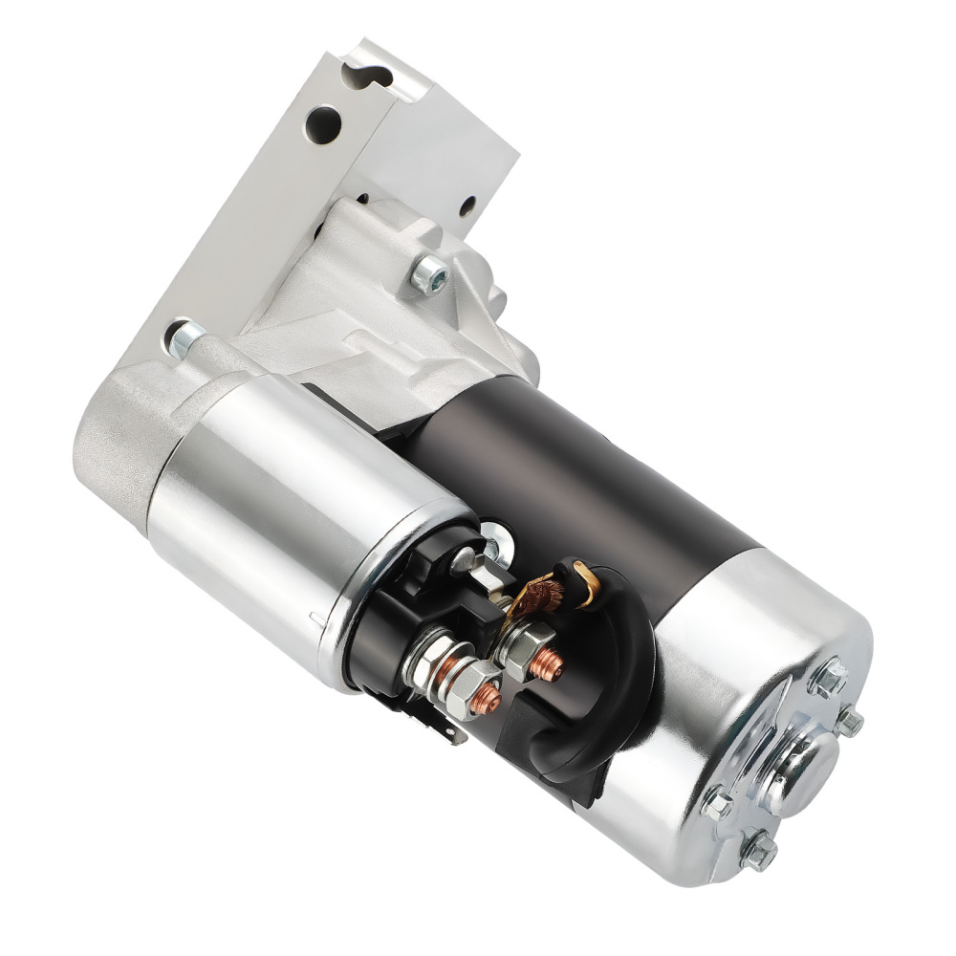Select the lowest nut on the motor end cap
tap(760, 854)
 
